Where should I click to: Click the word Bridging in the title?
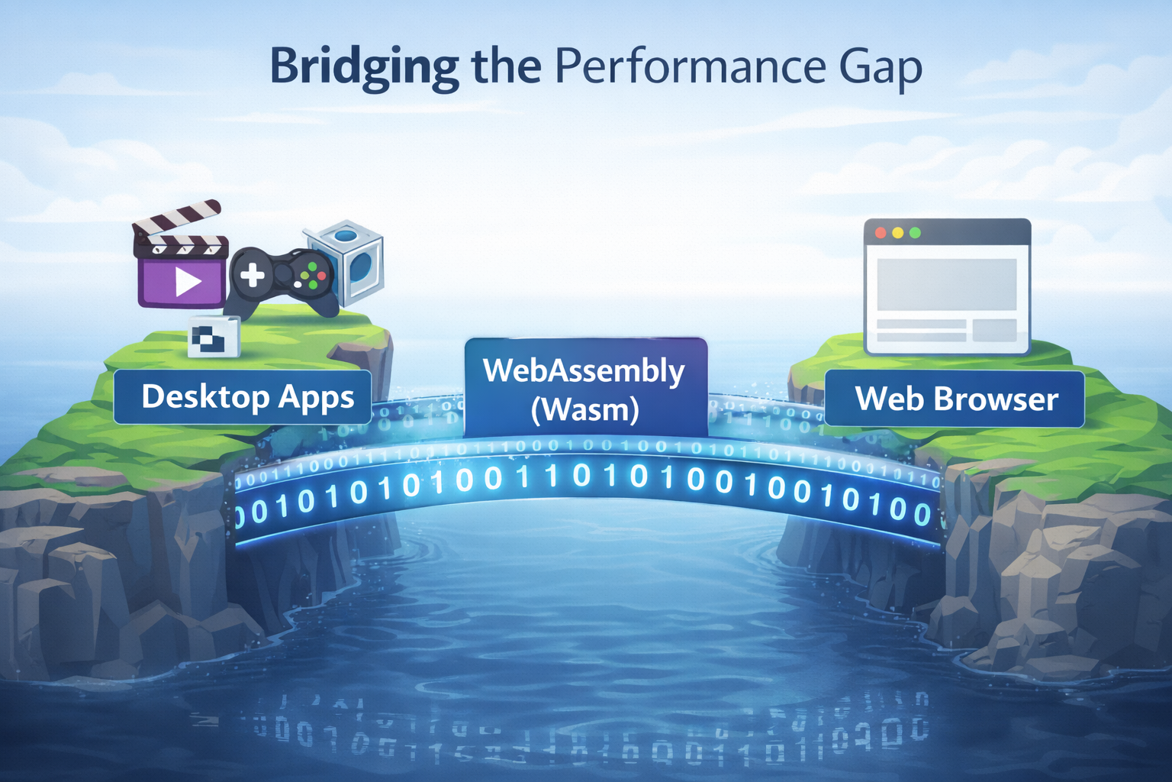pos(363,67)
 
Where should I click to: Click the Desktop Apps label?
pos(243,397)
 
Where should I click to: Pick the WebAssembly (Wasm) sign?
pos(585,388)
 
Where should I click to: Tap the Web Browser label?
pos(955,399)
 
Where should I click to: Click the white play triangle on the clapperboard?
pos(187,281)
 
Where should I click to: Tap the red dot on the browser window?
pos(881,232)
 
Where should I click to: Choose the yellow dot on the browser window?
pos(898,232)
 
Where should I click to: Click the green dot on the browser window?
pos(916,232)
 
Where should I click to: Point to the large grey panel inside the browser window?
pos(946,284)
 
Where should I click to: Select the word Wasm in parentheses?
pos(584,410)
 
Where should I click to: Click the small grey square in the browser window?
pos(994,330)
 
